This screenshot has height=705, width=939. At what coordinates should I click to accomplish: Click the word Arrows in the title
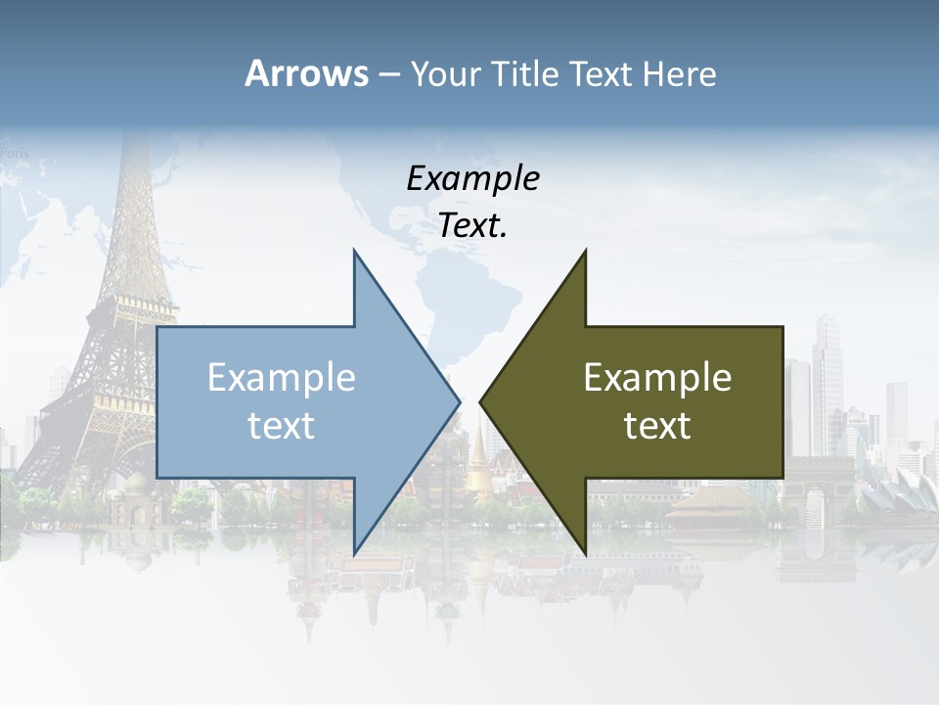click(306, 73)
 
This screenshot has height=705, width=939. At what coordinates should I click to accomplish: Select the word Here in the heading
click(679, 74)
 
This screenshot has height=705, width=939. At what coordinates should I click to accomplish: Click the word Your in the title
click(445, 74)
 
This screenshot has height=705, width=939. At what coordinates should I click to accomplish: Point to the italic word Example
click(472, 178)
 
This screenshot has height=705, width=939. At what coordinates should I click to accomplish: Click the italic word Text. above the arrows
click(472, 226)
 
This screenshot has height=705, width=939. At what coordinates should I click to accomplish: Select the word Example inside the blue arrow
click(282, 377)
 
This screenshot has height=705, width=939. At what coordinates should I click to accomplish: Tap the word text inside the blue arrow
click(282, 426)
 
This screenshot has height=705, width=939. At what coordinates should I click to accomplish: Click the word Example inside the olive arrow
click(657, 377)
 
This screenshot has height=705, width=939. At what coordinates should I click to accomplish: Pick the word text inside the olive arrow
click(657, 426)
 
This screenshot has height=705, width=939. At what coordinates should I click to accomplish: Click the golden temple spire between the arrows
click(477, 460)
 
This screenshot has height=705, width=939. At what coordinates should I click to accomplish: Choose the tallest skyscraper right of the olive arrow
click(827, 382)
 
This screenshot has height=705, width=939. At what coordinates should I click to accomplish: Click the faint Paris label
click(14, 152)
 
